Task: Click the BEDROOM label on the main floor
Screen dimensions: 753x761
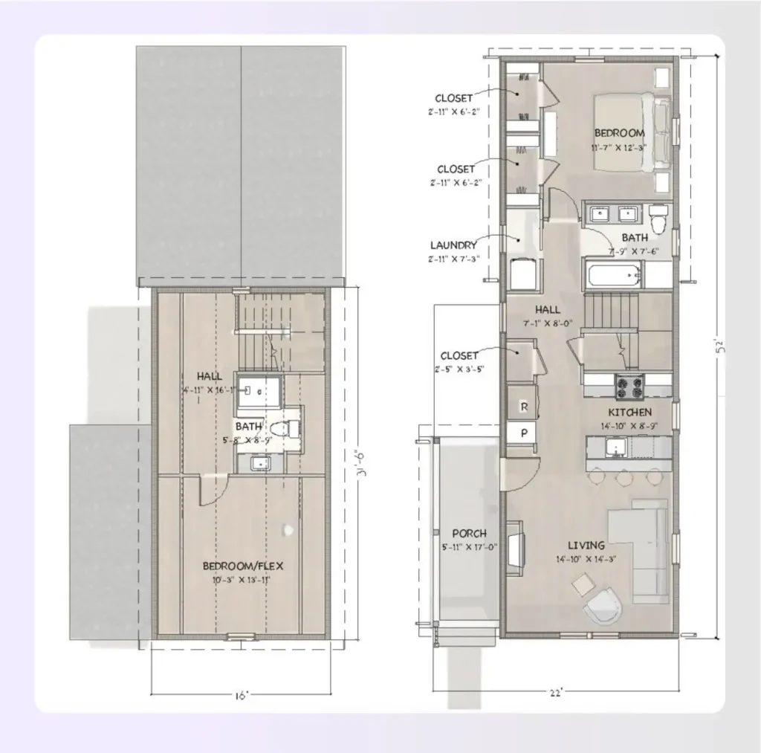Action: [619, 133]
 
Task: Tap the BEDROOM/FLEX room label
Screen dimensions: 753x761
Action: [243, 566]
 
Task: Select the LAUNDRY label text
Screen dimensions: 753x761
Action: [453, 245]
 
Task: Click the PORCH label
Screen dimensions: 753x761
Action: [470, 533]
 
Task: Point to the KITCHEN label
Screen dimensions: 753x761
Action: [630, 412]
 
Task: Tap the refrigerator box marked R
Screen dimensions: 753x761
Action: [524, 407]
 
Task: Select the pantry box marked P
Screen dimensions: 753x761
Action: [524, 432]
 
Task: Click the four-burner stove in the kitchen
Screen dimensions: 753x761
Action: [629, 385]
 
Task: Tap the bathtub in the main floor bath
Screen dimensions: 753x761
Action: [614, 275]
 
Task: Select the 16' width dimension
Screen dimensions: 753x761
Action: [241, 696]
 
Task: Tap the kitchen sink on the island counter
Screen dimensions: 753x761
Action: [615, 447]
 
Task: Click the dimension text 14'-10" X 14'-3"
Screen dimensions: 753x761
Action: [586, 559]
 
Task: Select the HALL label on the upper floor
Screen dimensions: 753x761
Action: [210, 376]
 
